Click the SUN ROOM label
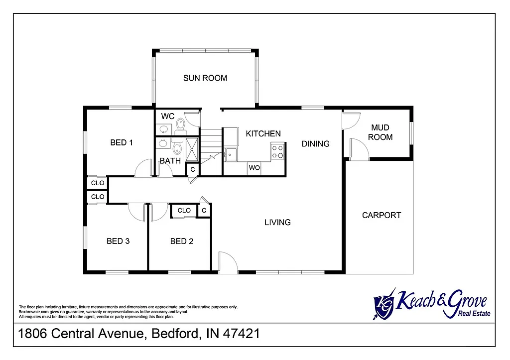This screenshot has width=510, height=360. coord(205,78)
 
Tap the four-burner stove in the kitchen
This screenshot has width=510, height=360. coord(277,151)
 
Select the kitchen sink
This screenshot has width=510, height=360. coord(231,155)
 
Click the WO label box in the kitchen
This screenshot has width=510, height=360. coord(255,168)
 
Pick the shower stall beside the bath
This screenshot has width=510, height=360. coord(192,148)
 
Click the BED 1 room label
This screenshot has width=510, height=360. coord(122,143)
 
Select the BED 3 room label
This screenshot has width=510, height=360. coord(118,241)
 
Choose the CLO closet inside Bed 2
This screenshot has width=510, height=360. coord(184,211)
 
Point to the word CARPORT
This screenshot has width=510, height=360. coord(382,216)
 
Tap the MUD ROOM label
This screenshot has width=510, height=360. coord(380,132)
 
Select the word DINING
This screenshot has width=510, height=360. coord(316,144)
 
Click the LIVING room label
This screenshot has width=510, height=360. coord(277,223)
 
